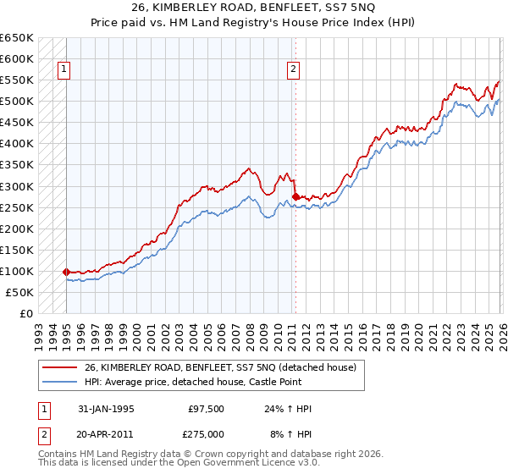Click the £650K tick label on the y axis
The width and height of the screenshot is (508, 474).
(17, 38)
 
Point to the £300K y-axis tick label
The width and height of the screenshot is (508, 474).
(17, 186)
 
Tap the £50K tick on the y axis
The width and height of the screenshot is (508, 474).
(19, 292)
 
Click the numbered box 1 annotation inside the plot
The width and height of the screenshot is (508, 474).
(63, 70)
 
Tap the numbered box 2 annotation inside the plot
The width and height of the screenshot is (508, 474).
(293, 70)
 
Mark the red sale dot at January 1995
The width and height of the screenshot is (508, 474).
(66, 272)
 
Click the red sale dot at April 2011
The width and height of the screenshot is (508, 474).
(295, 196)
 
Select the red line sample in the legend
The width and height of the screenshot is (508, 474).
(59, 367)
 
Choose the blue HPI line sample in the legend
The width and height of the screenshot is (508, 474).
(59, 382)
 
